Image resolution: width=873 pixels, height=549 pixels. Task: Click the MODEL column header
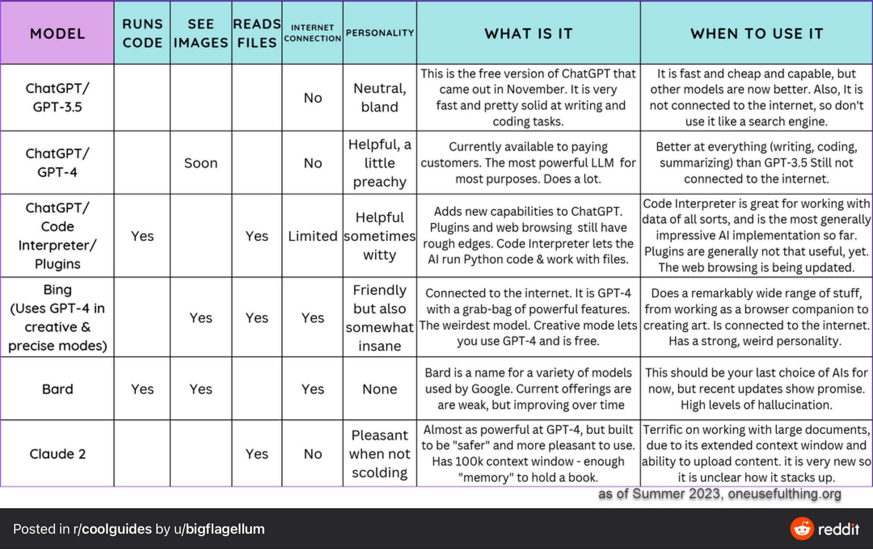(57, 34)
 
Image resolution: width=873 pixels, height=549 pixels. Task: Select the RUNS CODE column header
(142, 33)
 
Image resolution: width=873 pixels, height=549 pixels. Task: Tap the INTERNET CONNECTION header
(312, 33)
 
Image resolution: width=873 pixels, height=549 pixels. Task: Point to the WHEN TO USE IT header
(757, 34)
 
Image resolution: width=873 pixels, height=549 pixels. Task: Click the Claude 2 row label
(57, 454)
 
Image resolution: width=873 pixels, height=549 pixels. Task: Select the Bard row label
(57, 389)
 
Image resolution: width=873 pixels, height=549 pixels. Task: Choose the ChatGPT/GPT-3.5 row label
(57, 97)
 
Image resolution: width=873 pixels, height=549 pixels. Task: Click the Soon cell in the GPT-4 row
(201, 163)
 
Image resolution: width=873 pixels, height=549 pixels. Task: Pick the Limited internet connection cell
(312, 236)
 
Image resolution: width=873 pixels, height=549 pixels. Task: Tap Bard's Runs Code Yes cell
(142, 389)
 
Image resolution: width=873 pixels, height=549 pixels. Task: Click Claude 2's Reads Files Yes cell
(257, 454)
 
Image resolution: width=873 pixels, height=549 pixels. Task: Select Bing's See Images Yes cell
(201, 318)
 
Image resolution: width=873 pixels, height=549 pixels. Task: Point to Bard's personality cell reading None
(380, 389)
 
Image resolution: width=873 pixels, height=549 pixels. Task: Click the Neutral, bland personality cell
(380, 97)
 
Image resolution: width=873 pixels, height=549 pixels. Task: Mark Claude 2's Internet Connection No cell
(312, 454)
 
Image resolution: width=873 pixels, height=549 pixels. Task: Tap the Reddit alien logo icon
(802, 528)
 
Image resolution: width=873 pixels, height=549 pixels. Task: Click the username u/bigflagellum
(219, 529)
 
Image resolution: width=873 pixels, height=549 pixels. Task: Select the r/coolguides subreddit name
(112, 529)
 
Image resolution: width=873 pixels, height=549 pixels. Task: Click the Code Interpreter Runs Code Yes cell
(142, 236)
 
